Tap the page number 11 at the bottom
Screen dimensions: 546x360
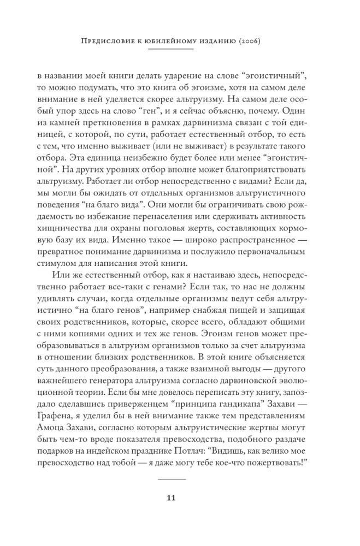(x=172, y=497)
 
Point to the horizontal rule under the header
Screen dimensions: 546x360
(x=172, y=49)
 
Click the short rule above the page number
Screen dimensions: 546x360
(x=172, y=478)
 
